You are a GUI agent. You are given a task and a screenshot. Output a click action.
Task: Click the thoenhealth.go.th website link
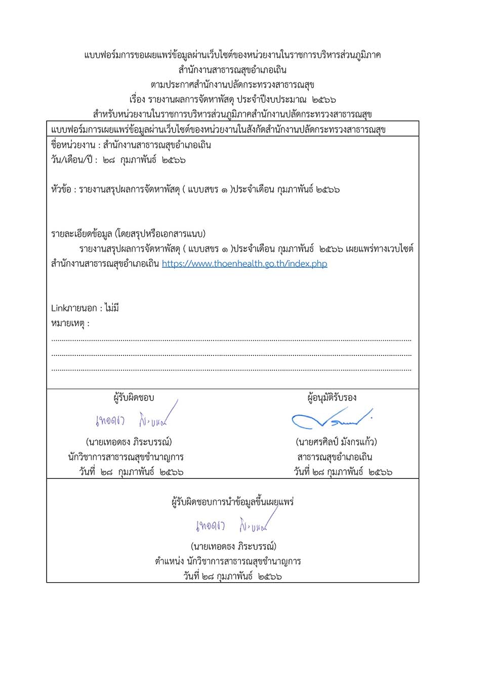[x=244, y=264]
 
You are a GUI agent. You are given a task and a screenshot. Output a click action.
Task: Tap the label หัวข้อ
[x=61, y=190]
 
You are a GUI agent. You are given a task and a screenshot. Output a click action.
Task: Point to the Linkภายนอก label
[x=75, y=308]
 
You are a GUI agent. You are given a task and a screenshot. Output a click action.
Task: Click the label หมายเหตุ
[x=68, y=323]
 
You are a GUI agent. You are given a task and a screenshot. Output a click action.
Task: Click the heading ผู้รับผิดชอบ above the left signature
[x=134, y=398]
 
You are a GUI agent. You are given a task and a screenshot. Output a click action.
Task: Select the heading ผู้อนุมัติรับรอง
[x=332, y=398]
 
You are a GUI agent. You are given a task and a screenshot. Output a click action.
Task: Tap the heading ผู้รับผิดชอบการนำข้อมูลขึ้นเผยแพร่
[x=232, y=502]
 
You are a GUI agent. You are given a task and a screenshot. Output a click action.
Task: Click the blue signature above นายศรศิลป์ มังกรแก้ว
[x=332, y=419]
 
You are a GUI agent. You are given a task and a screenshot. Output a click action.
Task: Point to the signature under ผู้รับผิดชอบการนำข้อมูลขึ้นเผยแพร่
[x=232, y=524]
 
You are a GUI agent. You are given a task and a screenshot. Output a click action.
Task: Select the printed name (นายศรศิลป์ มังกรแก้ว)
[x=336, y=442]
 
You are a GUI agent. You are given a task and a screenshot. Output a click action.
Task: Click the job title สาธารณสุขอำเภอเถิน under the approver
[x=335, y=457]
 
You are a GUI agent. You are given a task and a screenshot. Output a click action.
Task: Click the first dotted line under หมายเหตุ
[x=231, y=340]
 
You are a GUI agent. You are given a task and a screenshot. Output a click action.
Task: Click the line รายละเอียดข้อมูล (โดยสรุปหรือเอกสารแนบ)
[x=128, y=234]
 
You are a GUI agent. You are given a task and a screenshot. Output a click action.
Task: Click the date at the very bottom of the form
[x=232, y=576]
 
